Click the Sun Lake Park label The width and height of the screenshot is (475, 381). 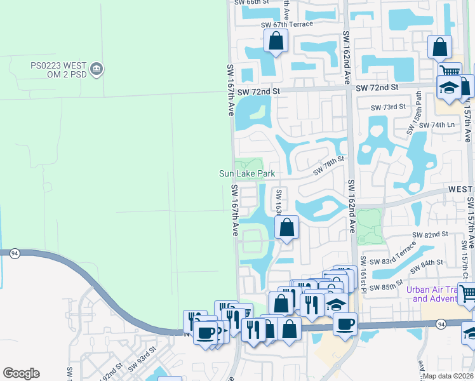click(x=247, y=173)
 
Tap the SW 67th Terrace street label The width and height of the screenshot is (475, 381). click(x=288, y=24)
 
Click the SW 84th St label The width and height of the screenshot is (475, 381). click(x=427, y=262)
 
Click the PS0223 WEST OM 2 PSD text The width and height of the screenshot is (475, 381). click(x=58, y=69)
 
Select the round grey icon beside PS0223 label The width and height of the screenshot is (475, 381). click(x=97, y=69)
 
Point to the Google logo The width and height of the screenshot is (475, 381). click(x=21, y=373)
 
